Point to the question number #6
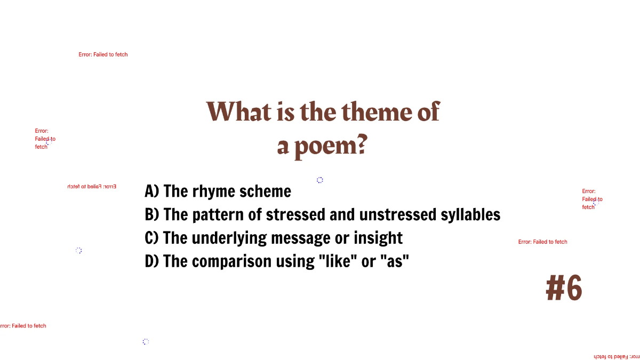(x=564, y=289)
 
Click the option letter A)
(x=152, y=191)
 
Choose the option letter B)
(x=152, y=214)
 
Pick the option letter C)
(x=152, y=238)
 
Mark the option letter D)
(x=152, y=261)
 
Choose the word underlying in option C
(x=229, y=238)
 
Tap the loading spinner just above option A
(x=319, y=180)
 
